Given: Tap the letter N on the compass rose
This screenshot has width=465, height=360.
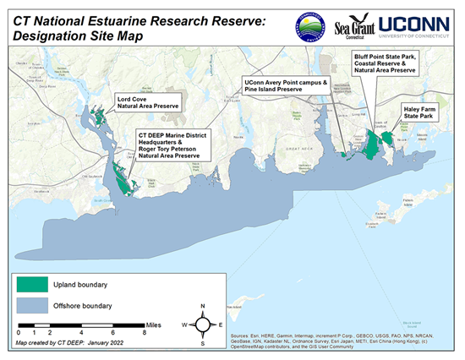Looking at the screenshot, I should click(202, 305).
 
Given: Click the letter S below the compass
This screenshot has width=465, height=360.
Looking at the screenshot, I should click(202, 342).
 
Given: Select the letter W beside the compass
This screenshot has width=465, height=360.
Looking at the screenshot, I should click(184, 325).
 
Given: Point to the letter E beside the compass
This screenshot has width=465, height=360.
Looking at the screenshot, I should click(221, 325).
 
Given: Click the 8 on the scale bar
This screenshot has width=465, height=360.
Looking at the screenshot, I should click(145, 333).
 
